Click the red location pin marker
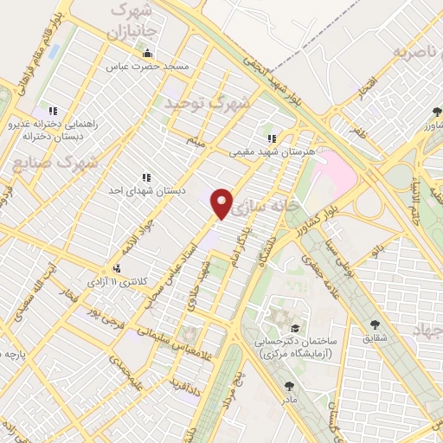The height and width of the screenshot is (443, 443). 222,202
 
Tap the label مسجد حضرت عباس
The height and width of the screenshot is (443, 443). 146,66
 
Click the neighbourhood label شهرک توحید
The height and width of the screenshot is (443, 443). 207,103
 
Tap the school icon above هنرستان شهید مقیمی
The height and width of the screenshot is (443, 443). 272,138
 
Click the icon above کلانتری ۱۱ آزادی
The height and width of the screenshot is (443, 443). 116,269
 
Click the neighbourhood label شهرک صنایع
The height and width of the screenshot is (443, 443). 57,162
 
